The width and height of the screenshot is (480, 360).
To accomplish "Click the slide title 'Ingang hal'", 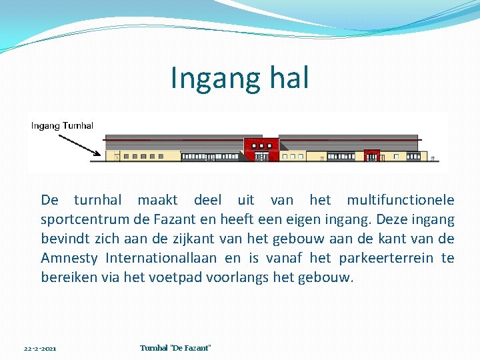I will click(x=239, y=78).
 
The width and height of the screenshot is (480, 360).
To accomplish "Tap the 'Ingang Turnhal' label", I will click(x=62, y=125).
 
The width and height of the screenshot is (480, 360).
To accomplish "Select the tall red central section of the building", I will click(x=261, y=148).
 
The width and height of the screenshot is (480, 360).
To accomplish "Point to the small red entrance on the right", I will click(x=371, y=155).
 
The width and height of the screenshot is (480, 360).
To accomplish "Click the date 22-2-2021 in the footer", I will click(x=40, y=349).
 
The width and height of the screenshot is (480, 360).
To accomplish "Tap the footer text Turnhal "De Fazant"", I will click(x=175, y=348).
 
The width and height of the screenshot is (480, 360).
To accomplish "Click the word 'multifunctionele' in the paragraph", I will click(x=400, y=200).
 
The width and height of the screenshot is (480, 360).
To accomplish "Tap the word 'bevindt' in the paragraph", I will click(x=65, y=239).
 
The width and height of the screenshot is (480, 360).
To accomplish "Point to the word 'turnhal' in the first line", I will click(x=97, y=200).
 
